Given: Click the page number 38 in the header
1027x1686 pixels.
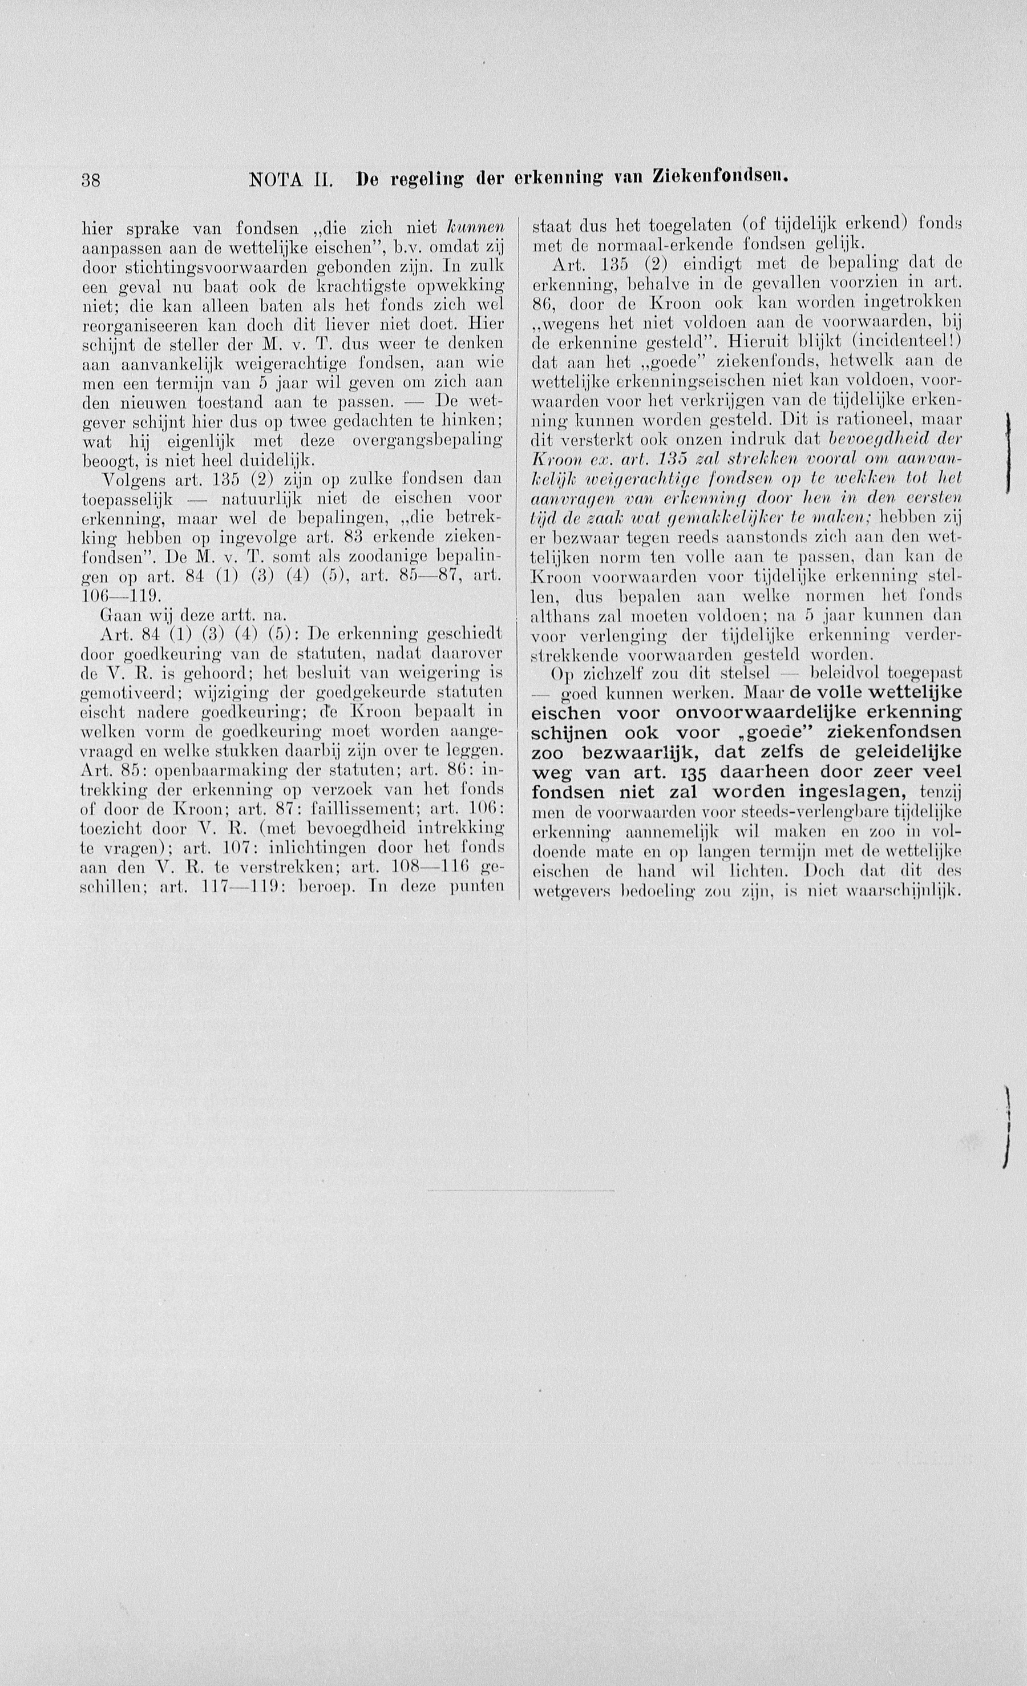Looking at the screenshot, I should coord(91,180).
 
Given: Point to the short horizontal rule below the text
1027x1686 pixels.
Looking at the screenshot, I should coord(520,1191).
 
